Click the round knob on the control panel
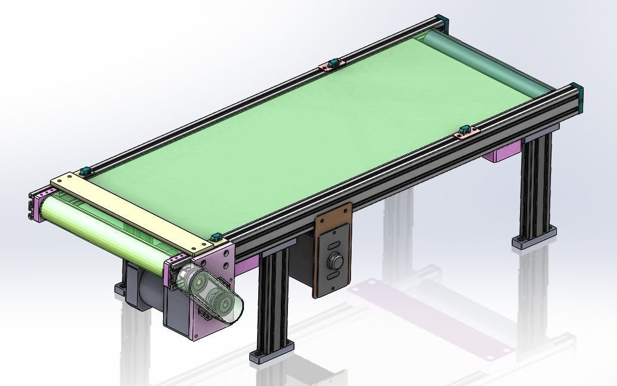pyautogui.click(x=334, y=261)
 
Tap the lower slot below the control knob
pyautogui.click(x=334, y=277)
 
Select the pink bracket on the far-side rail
pyautogui.click(x=331, y=64)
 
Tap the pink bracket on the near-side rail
pyautogui.click(x=467, y=132)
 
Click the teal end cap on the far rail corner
pyautogui.click(x=440, y=22)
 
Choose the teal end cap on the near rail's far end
pyautogui.click(x=577, y=95)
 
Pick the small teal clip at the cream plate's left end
pyautogui.click(x=85, y=171)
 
